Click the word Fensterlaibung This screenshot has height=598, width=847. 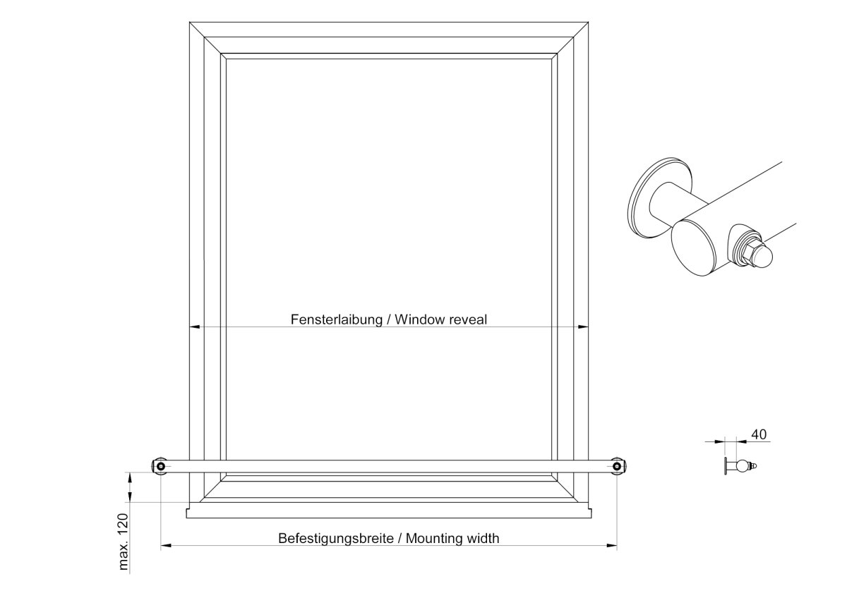(337, 319)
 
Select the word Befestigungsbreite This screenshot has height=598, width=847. (336, 538)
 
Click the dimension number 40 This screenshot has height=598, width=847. (759, 435)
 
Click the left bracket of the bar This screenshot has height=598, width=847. (160, 466)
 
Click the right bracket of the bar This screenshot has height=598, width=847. (617, 466)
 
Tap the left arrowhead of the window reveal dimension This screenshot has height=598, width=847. (194, 327)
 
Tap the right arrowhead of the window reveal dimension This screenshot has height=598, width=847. (583, 327)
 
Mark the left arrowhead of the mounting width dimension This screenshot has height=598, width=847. (166, 546)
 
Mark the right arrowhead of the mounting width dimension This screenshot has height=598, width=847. (611, 546)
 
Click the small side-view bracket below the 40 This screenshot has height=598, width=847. (740, 466)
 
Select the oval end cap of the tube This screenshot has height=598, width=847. (693, 248)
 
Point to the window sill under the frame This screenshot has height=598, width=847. (389, 510)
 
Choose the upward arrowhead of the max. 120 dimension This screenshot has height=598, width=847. (130, 477)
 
